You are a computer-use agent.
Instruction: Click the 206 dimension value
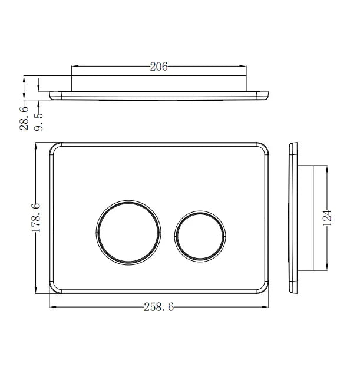(x=158, y=67)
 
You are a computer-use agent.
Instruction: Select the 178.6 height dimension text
(x=35, y=217)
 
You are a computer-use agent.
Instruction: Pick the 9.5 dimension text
(x=39, y=119)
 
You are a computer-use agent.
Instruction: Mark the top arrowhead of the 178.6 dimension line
(x=36, y=146)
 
